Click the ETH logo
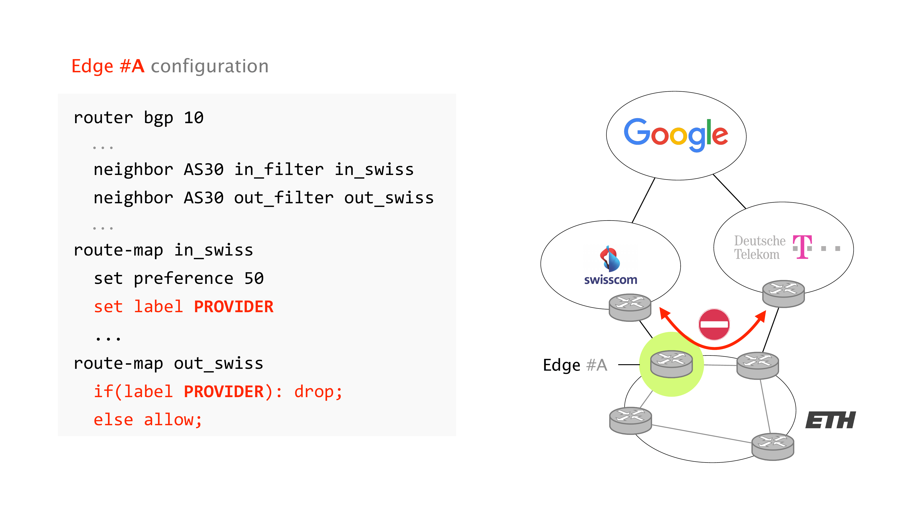(x=830, y=420)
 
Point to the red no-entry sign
(x=714, y=324)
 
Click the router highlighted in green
(x=671, y=364)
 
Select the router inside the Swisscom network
(x=630, y=307)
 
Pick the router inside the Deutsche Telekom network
(x=783, y=294)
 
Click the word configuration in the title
(x=210, y=67)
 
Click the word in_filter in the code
(x=279, y=169)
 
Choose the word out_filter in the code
(x=284, y=198)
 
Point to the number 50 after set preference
(x=254, y=279)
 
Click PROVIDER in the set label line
(x=233, y=307)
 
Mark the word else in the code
(x=113, y=420)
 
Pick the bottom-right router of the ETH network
(x=773, y=446)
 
